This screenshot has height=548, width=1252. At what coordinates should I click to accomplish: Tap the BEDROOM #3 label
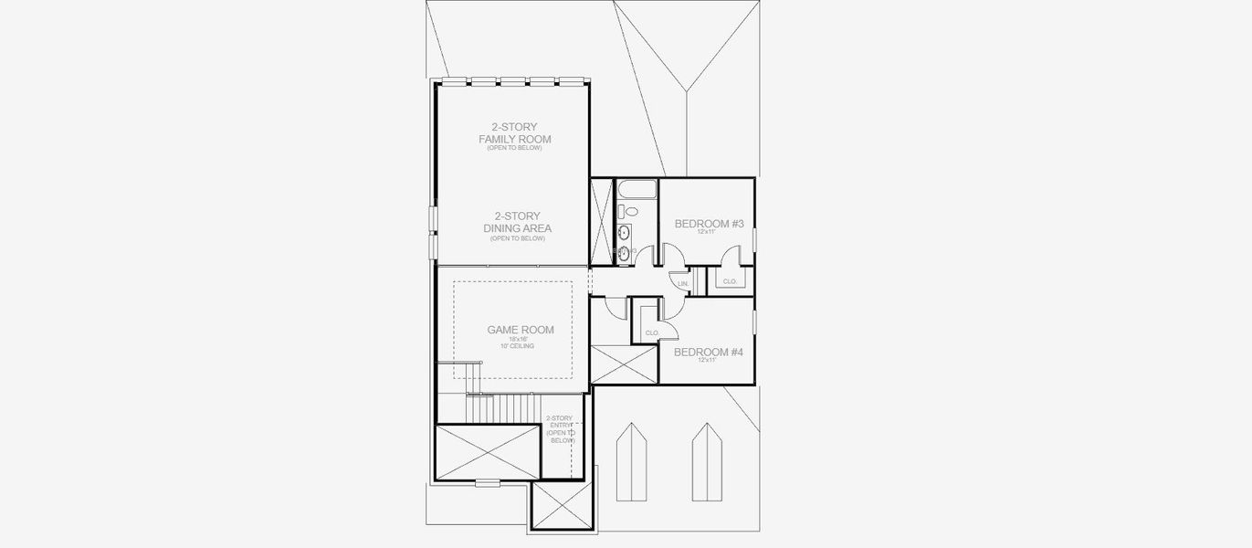pyautogui.click(x=707, y=224)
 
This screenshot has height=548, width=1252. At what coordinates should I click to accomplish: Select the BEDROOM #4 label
pyautogui.click(x=707, y=352)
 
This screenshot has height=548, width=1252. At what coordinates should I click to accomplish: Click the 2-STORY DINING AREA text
pyautogui.click(x=516, y=222)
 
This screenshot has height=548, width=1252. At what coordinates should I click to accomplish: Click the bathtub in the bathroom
pyautogui.click(x=636, y=191)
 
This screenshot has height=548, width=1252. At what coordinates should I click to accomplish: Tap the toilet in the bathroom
pyautogui.click(x=626, y=212)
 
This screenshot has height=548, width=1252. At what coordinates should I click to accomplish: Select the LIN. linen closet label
pyautogui.click(x=682, y=285)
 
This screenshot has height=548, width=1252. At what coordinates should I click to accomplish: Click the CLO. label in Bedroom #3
pyautogui.click(x=730, y=281)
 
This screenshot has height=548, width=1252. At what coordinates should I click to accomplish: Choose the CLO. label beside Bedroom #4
pyautogui.click(x=652, y=332)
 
